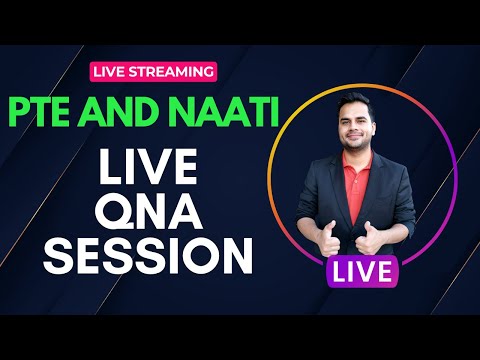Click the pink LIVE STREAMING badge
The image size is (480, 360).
(152, 71)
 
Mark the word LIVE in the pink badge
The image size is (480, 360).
(111, 71)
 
